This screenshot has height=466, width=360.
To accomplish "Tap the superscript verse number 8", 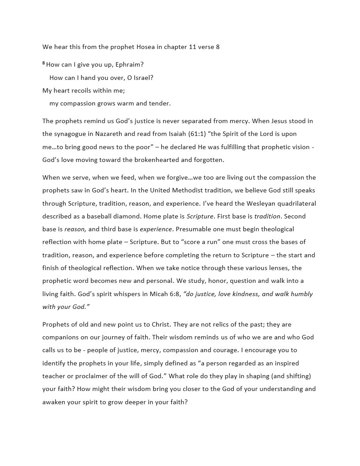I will coord(44,64).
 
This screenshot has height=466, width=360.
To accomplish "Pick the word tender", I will coord(160,103).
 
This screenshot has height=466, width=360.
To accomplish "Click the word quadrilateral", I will coord(293,203).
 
